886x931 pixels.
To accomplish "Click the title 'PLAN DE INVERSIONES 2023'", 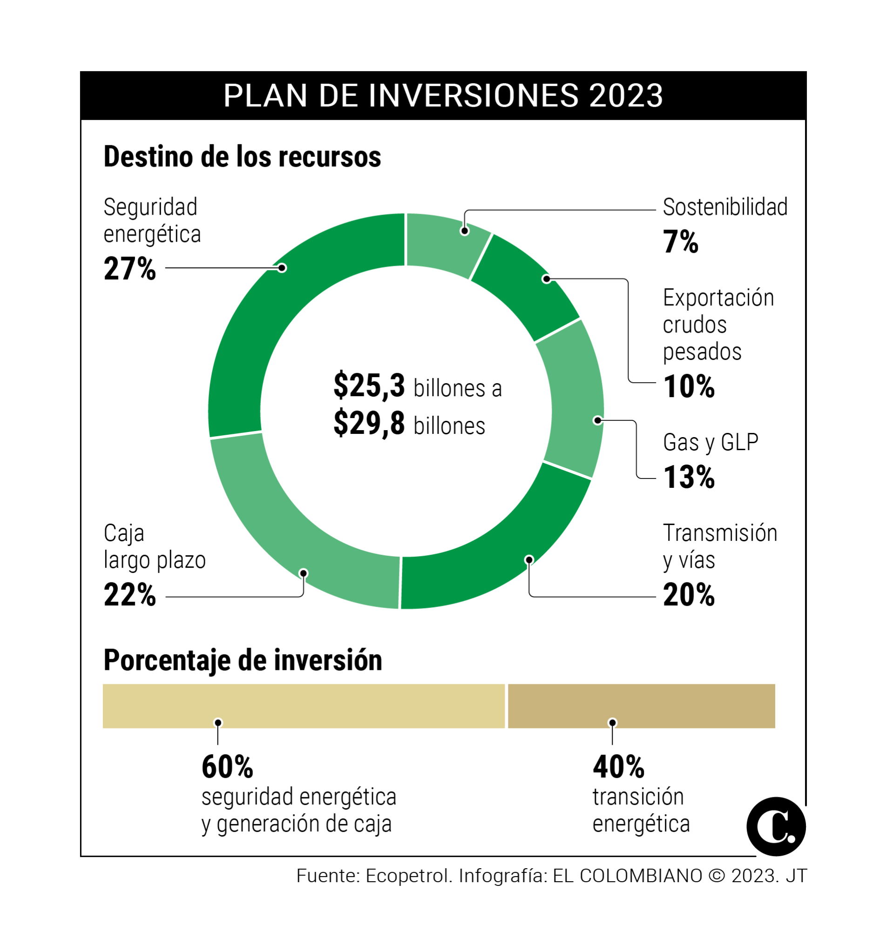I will (x=443, y=96).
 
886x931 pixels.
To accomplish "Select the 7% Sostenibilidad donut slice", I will (x=446, y=243).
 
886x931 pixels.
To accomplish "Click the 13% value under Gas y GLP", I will (x=689, y=477).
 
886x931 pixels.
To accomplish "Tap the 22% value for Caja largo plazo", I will (x=129, y=595).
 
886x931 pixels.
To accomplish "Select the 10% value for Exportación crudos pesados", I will (x=689, y=387).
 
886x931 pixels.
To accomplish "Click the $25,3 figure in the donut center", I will (x=369, y=386).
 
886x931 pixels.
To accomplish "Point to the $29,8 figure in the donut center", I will (x=369, y=424).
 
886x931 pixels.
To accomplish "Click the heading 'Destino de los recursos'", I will (x=242, y=157).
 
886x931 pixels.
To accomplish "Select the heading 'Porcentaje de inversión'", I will (x=242, y=661).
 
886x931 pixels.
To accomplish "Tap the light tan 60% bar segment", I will (x=303, y=706).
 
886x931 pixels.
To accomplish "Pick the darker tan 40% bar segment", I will (x=642, y=706).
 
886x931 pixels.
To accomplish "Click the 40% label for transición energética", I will (x=618, y=767).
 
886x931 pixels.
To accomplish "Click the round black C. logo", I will (x=776, y=827).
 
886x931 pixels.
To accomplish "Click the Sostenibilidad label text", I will (x=725, y=207).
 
